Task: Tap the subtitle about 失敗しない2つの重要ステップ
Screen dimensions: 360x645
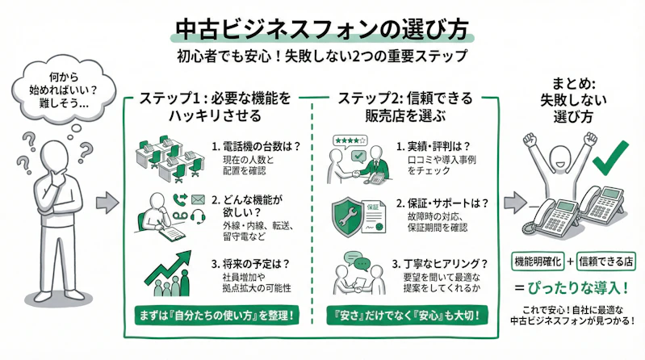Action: coord(322,58)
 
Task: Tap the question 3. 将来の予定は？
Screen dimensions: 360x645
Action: coord(251,262)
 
